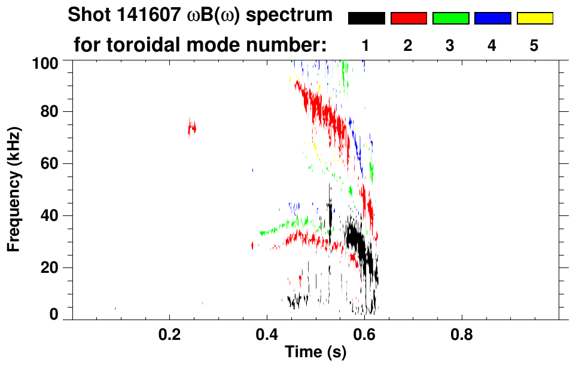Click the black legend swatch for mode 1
coord(366,19)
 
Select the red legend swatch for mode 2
coord(409,19)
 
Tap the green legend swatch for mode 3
coord(450,19)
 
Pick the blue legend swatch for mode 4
coord(492,19)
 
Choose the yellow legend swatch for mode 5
coord(535,19)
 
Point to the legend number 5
coord(534,45)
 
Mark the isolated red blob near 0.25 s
coord(192,127)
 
